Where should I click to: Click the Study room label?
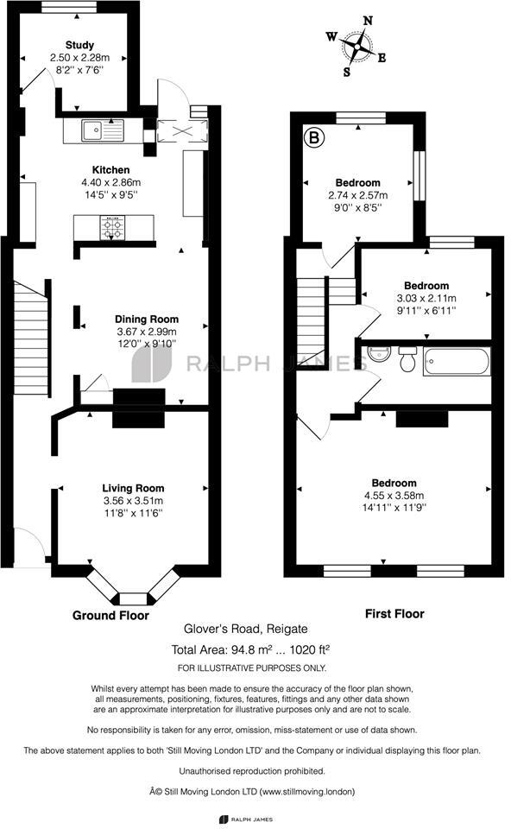(x=79, y=45)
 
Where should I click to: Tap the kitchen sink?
(x=103, y=130)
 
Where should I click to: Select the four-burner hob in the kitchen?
(x=113, y=228)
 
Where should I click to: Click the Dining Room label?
(x=147, y=320)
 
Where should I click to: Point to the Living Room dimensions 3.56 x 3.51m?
(x=133, y=501)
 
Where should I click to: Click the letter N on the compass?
(x=369, y=21)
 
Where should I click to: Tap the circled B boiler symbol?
(x=314, y=138)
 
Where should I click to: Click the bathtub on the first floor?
(x=456, y=362)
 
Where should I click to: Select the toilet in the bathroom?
(x=407, y=359)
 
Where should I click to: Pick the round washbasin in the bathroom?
(x=377, y=354)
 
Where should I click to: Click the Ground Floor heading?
(x=110, y=616)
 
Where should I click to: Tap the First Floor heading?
(x=394, y=614)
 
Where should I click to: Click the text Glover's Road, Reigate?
(x=246, y=630)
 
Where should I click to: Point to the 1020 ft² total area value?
(x=311, y=649)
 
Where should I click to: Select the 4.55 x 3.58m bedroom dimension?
(x=394, y=496)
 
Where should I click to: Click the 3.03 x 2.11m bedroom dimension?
(x=426, y=298)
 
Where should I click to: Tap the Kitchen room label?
(x=111, y=170)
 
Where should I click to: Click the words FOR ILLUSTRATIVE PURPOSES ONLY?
(x=252, y=668)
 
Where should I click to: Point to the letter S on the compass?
(x=347, y=72)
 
